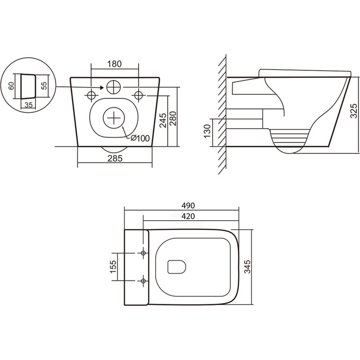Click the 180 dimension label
coord(115,64)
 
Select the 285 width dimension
coord(115,158)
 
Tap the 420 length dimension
coord(189,216)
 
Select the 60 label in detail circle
coord(11,86)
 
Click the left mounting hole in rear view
coord(91,95)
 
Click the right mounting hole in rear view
coord(139,95)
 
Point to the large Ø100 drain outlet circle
coord(113,117)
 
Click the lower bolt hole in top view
coord(143,280)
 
